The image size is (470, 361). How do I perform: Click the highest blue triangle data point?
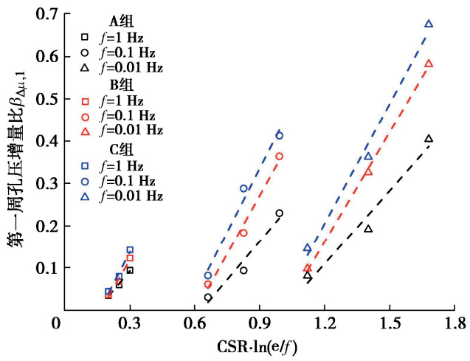pyautogui.click(x=429, y=24)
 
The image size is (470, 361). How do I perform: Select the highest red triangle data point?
pyautogui.click(x=429, y=63)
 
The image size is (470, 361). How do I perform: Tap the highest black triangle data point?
pyautogui.click(x=429, y=139)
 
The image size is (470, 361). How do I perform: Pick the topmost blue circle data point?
pyautogui.click(x=280, y=135)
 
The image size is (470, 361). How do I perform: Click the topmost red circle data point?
pyautogui.click(x=280, y=156)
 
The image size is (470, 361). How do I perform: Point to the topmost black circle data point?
pyautogui.click(x=280, y=213)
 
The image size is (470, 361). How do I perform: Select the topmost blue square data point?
pyautogui.click(x=130, y=250)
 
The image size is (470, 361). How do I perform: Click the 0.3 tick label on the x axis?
pyautogui.click(x=130, y=323)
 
